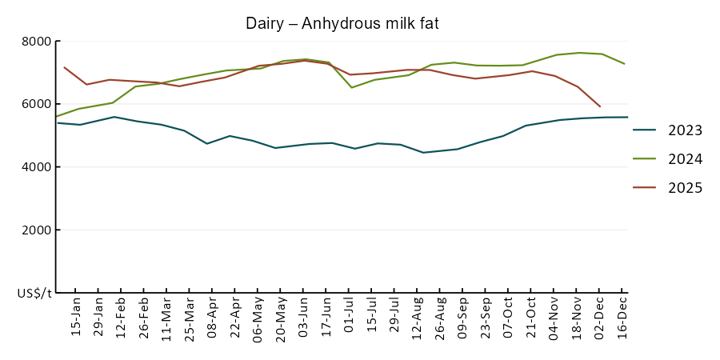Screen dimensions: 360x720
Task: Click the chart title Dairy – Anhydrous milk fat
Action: pos(342,24)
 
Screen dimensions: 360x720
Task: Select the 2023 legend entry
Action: pos(686,130)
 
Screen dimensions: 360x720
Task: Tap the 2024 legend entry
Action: pos(686,159)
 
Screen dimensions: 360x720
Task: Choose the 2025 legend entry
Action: pos(686,188)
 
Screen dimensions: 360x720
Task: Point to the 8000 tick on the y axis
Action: pos(35,42)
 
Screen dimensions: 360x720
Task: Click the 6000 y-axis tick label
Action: pos(35,104)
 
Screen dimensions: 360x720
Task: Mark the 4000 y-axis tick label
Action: pos(35,167)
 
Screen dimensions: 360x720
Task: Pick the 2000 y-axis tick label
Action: pos(35,230)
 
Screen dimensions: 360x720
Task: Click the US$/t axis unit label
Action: pos(34,294)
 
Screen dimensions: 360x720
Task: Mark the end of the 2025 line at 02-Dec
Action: pos(600,106)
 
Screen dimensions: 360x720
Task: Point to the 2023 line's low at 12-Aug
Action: pos(423,152)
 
